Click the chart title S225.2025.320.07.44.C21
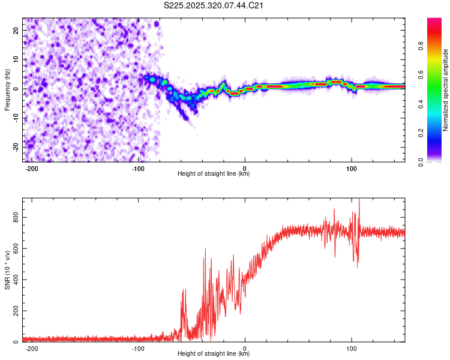point(214,6)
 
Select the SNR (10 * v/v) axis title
point(7,270)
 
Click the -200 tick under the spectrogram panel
point(32,167)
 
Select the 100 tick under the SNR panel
point(351,348)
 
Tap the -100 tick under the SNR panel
point(138,348)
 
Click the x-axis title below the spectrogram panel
point(214,174)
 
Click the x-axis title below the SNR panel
point(214,354)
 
